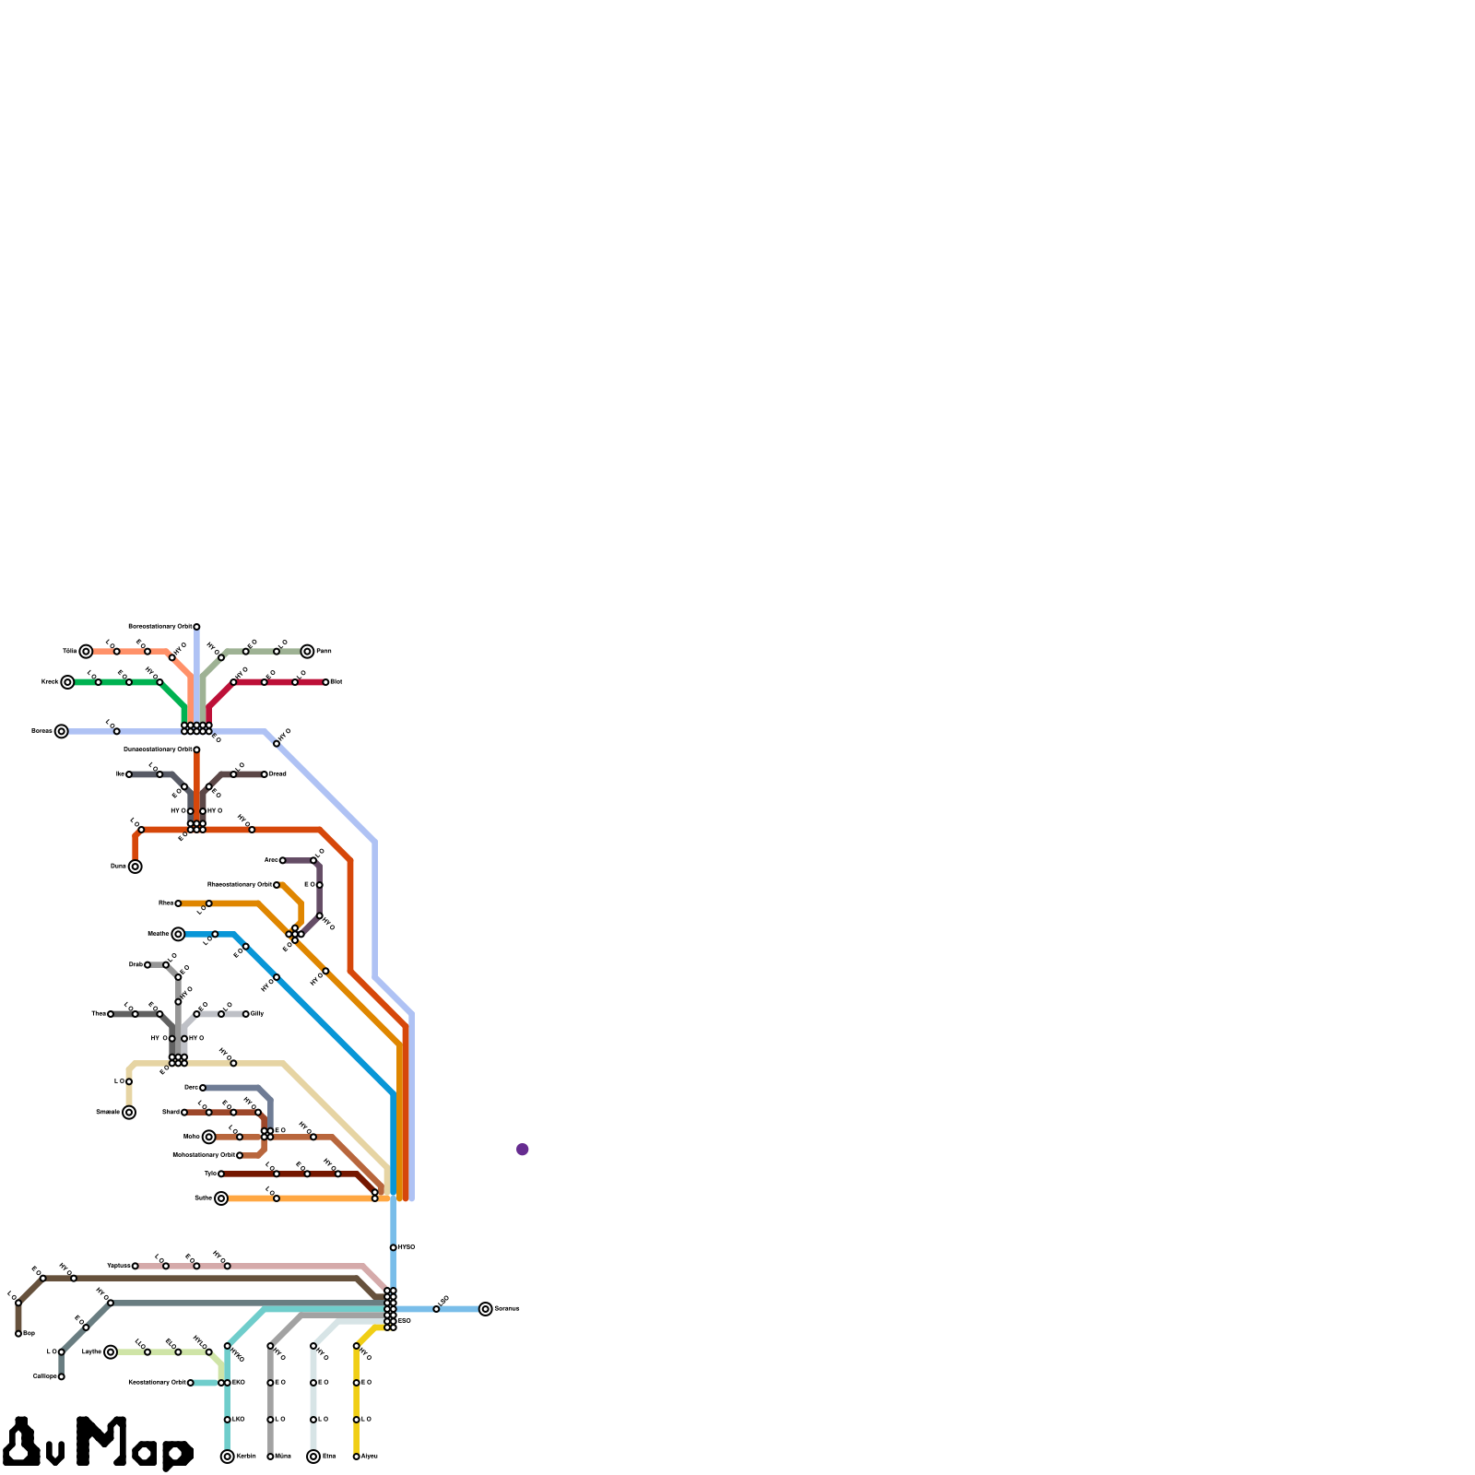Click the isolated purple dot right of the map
[x=523, y=1149]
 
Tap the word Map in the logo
[x=135, y=1443]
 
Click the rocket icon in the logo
[x=21, y=1443]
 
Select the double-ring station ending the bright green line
[x=67, y=682]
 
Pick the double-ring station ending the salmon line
[x=86, y=652]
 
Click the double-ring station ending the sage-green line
[x=307, y=652]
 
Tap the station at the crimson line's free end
[x=325, y=682]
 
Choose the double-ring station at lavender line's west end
[x=61, y=731]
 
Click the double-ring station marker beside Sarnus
[x=486, y=1309]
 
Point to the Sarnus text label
[x=507, y=1309]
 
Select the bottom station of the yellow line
[x=357, y=1457]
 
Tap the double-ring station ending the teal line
[x=228, y=1457]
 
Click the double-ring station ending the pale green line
[x=111, y=1352]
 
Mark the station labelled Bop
[x=18, y=1334]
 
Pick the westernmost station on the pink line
[x=136, y=1266]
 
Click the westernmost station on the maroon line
[x=221, y=1174]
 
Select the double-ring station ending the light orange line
[x=221, y=1198]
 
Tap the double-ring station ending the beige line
[x=129, y=1113]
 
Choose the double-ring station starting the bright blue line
[x=178, y=934]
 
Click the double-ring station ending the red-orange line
[x=136, y=867]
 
